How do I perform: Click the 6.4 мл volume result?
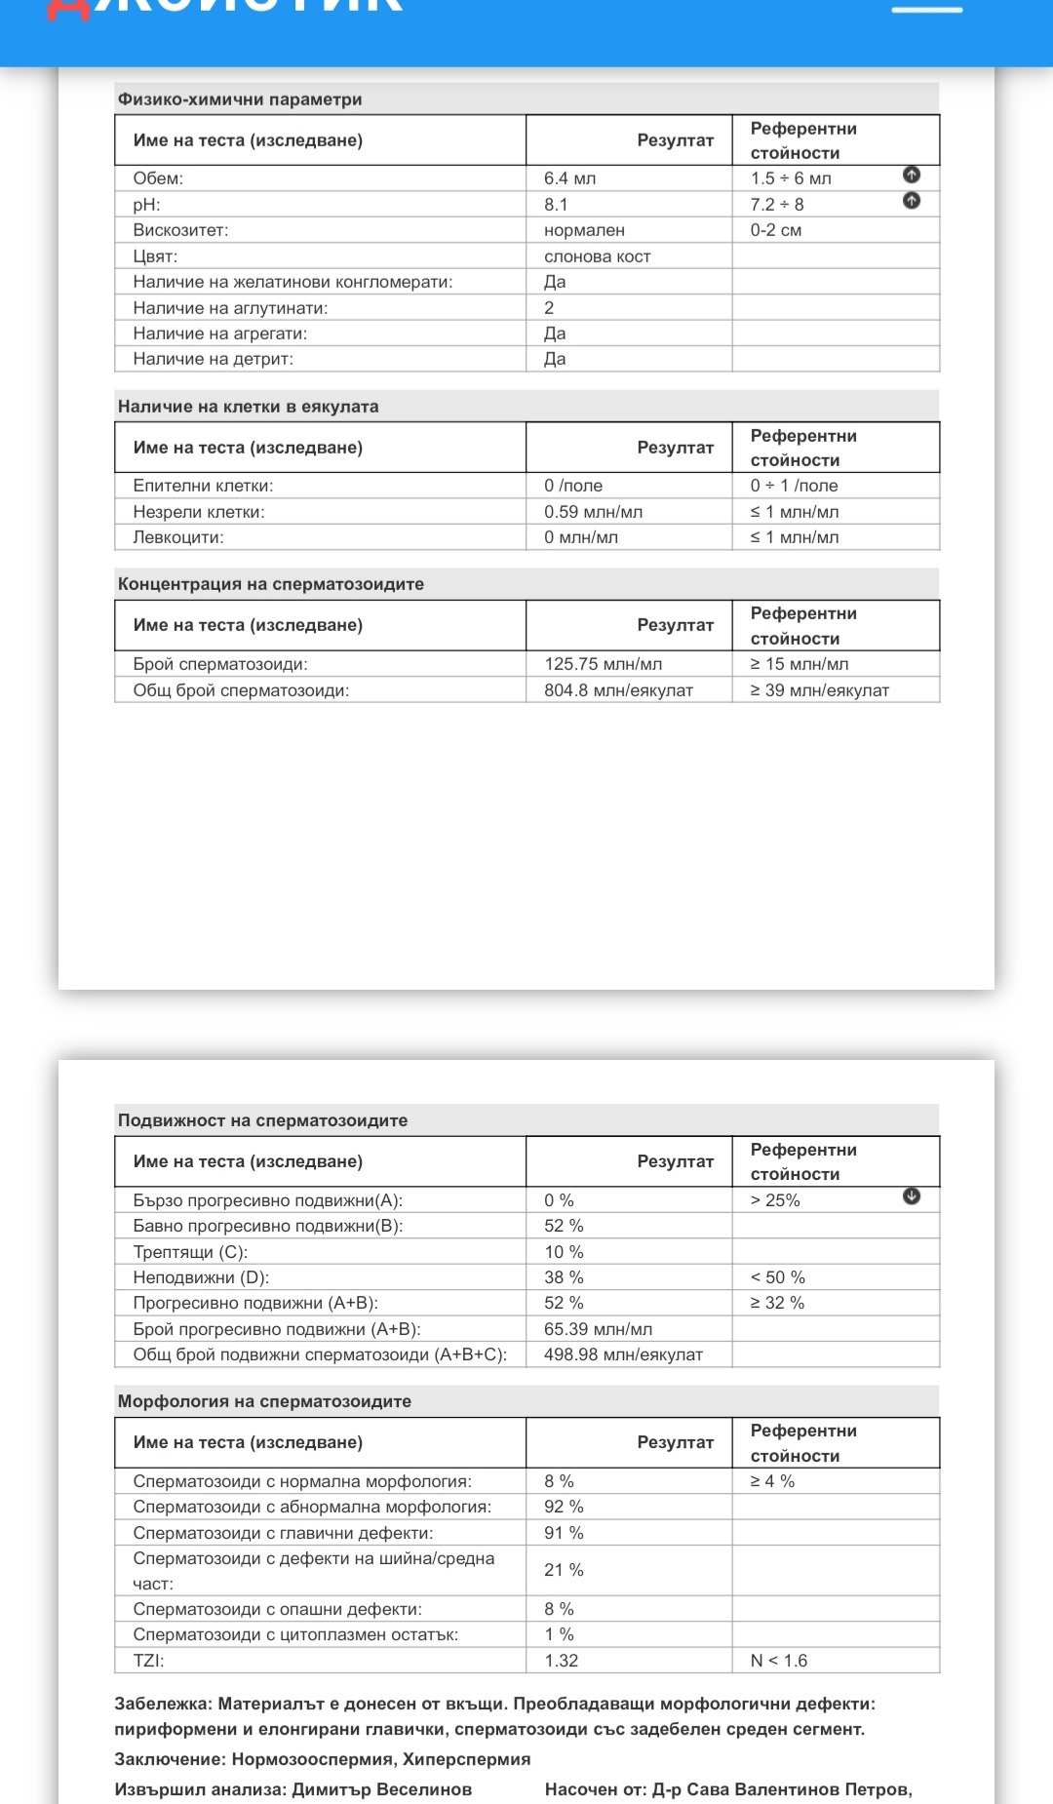569,178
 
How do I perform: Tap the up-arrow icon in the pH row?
912,201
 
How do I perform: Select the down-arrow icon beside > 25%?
912,1196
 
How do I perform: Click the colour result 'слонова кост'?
597,256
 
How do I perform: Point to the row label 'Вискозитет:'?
180,230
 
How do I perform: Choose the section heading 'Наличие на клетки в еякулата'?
248,407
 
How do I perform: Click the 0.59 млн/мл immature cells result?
593,512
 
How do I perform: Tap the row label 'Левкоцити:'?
178,537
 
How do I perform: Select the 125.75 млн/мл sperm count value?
603,664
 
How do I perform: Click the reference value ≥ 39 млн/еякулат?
819,690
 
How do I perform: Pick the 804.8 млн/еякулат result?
618,690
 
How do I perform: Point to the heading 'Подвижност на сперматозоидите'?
262,1120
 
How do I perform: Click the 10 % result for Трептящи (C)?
564,1252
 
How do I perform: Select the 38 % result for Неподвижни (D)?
564,1277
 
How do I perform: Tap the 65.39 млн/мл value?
598,1329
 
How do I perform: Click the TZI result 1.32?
561,1661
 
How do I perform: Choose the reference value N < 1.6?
778,1661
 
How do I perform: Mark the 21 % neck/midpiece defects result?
564,1570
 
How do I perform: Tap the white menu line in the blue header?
927,10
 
